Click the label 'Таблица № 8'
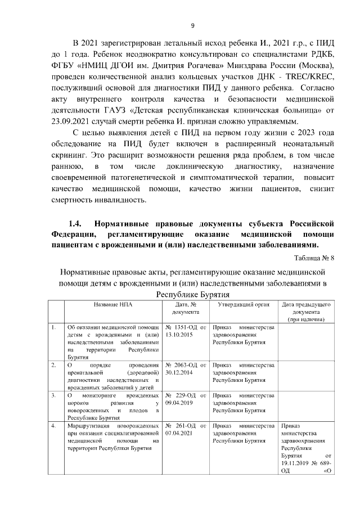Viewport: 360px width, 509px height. [x=313, y=259]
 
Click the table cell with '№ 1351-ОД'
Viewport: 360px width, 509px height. [x=186, y=331]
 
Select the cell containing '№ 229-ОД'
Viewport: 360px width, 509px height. [x=186, y=399]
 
